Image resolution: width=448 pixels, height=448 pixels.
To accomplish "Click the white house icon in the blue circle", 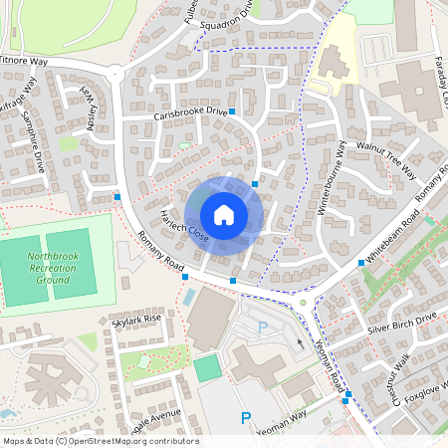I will (x=224, y=215).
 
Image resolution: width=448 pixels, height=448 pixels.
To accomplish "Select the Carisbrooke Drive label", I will (x=190, y=114).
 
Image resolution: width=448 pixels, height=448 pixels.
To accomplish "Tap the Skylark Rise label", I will (x=136, y=320).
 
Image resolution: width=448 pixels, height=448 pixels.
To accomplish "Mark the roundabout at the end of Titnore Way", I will (x=116, y=73).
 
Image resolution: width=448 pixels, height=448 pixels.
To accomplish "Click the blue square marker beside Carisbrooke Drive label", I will (x=232, y=112).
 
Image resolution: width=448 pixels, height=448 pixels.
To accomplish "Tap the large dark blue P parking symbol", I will (x=245, y=419).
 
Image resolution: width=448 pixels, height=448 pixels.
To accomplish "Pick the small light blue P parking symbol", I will (x=263, y=327).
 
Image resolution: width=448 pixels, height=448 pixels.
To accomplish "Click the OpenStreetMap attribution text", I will (x=100, y=441).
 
